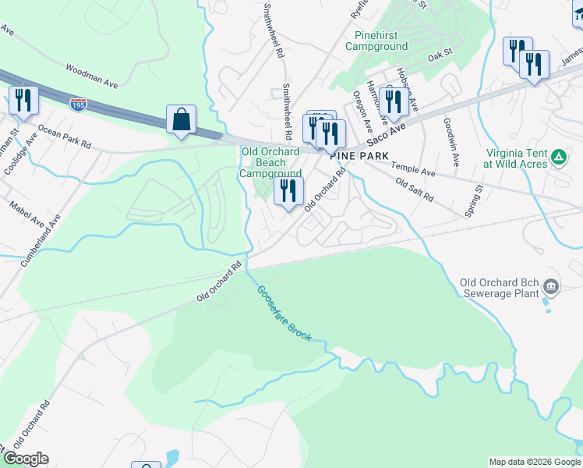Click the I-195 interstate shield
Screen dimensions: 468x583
point(78,104)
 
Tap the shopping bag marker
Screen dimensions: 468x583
point(181,121)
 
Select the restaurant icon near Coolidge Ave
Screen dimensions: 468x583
point(23,101)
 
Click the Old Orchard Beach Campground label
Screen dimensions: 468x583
point(270,163)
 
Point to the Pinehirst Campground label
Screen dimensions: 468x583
point(380,41)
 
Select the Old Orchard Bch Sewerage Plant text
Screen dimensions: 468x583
point(500,289)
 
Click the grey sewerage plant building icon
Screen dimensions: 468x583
point(552,288)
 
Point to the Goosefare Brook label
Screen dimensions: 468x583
point(285,313)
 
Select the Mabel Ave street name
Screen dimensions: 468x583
point(28,219)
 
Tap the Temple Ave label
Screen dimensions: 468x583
point(413,168)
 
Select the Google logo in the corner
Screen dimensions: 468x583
point(26,459)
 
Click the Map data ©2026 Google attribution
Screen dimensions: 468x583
point(535,462)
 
